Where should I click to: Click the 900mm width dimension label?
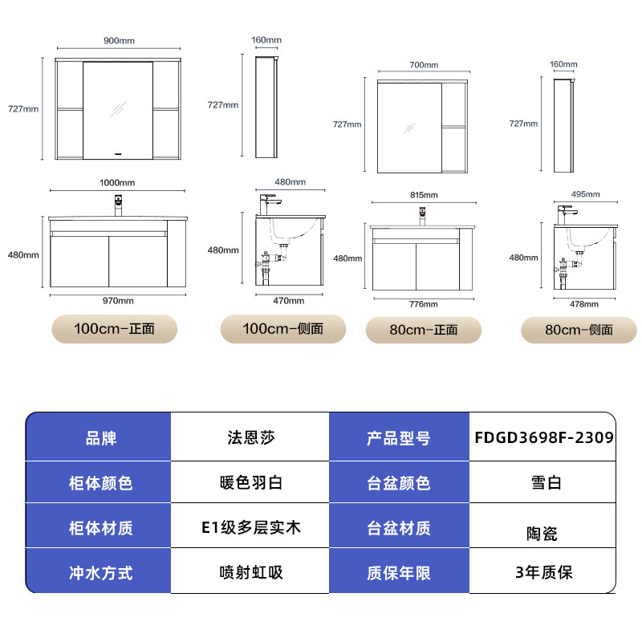118,41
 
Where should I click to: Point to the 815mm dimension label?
424,195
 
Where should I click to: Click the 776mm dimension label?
424,304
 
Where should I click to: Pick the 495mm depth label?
586,194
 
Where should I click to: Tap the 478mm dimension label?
585,304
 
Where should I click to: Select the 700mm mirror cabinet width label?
424,65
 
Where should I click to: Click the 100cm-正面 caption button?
114,329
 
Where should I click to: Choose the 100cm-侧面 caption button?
283,329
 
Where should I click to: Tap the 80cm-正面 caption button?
423,330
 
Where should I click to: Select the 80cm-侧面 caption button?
578,330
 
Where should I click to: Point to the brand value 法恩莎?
250,438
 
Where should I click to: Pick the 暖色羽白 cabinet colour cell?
250,483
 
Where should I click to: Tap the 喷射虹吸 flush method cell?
250,572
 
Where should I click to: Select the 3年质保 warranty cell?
544,572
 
